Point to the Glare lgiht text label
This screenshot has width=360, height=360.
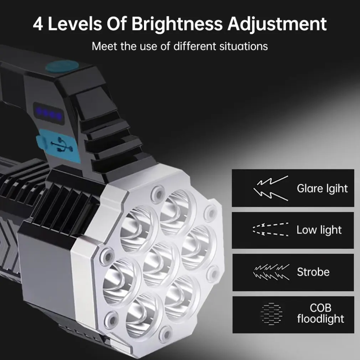tap(322, 188)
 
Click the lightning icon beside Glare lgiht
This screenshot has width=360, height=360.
tap(271, 188)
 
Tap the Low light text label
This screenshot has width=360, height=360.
tap(319, 230)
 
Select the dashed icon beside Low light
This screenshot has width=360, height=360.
tap(271, 230)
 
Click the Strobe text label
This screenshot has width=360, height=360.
tap(313, 272)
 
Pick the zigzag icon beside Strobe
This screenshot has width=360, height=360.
tap(271, 272)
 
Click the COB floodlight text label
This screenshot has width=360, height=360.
tap(320, 313)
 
